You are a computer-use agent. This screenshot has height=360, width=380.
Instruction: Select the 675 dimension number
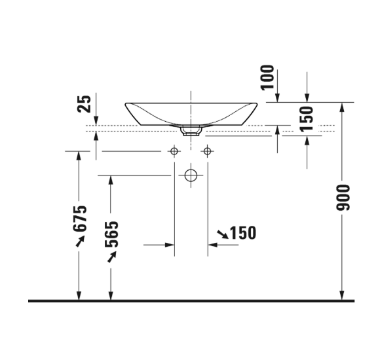pos(80,218)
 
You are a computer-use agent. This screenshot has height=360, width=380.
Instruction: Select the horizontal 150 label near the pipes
pos(242,232)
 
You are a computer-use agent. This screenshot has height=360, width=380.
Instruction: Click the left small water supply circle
pos(174,152)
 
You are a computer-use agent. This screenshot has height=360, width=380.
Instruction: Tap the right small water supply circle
pos(208,152)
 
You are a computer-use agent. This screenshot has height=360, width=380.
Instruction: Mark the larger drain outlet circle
pos(191,175)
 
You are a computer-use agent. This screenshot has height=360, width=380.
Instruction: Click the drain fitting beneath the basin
pos(191,131)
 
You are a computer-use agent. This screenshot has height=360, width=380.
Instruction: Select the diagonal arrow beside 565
pos(112,257)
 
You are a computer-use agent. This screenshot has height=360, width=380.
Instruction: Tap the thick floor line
pos(190,301)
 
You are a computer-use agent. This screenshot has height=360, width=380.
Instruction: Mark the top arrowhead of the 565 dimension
pos(110,179)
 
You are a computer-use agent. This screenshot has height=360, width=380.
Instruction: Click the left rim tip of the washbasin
pos(125,103)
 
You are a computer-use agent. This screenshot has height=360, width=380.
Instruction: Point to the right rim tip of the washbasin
pos(257,103)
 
